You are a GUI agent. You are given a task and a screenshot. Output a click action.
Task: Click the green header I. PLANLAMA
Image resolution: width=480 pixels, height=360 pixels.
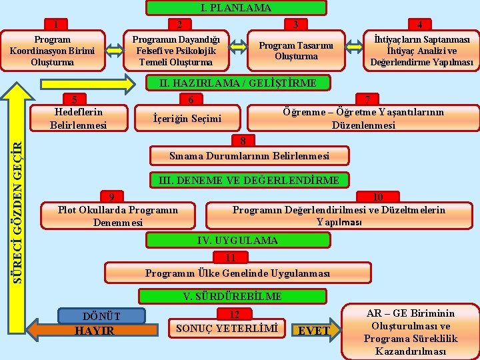tap(236, 8)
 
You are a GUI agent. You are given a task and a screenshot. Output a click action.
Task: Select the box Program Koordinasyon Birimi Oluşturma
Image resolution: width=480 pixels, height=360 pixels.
tap(52, 51)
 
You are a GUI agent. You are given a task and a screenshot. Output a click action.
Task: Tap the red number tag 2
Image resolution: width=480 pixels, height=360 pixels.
tap(179, 25)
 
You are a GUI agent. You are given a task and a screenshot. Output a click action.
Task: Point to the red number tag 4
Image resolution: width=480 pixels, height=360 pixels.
tap(419, 25)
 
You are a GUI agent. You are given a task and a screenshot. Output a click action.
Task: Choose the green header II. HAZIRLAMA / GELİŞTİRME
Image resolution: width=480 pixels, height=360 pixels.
tap(237, 83)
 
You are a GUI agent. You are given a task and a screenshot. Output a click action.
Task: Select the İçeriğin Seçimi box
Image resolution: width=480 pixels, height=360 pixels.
tap(187, 119)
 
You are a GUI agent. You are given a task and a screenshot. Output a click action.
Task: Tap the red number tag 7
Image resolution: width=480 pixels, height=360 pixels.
tap(366, 99)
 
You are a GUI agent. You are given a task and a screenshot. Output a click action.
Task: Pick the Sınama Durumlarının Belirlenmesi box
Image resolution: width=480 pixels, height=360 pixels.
tap(249, 156)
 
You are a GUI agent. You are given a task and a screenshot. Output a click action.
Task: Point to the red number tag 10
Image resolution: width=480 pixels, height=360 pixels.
tap(377, 197)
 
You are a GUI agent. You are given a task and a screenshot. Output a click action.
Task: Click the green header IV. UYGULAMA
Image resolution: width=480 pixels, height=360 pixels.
tap(237, 240)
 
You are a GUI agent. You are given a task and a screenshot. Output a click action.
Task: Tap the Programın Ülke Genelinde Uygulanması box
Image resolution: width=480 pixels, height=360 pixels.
tap(237, 273)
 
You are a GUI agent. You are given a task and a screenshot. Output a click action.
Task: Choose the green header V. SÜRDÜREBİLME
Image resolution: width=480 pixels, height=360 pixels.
tap(232, 296)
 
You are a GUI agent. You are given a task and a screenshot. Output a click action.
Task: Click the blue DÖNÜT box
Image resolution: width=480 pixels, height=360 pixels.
tap(101, 315)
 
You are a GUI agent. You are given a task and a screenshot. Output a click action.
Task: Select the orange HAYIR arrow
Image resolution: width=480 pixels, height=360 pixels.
tap(93, 331)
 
